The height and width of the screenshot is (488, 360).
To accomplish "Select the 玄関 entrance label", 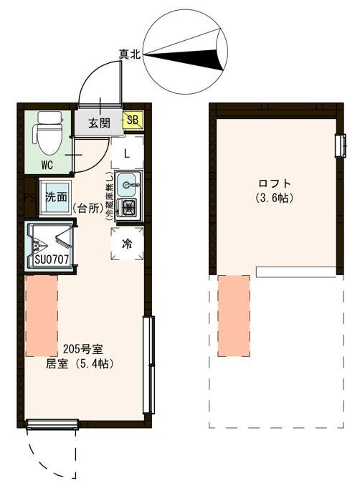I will point(100,123).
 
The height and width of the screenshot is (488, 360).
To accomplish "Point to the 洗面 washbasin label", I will point(56,196).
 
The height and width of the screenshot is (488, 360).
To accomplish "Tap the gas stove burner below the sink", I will point(130,208).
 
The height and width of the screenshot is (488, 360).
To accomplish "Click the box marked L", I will point(126,153).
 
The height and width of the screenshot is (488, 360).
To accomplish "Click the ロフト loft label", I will point(272,183).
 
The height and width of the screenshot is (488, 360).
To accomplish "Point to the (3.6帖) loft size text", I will point(273,198).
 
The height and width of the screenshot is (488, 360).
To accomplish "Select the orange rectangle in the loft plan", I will point(233,315).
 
